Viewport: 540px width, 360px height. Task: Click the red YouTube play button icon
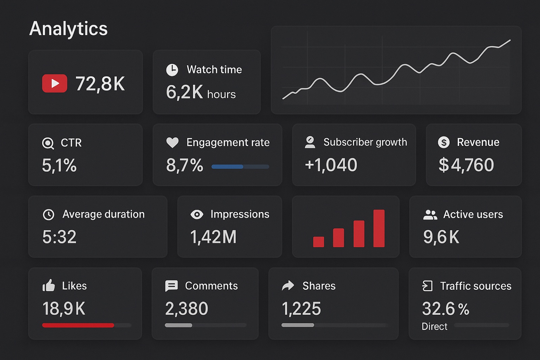(x=54, y=83)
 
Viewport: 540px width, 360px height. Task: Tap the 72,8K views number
(x=100, y=84)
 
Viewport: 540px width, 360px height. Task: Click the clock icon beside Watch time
(x=172, y=70)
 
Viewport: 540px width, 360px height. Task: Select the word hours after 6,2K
(x=221, y=95)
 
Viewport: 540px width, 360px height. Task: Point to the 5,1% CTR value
(x=59, y=165)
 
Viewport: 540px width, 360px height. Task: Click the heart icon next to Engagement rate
(x=172, y=143)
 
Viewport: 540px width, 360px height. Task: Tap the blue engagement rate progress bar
(x=227, y=166)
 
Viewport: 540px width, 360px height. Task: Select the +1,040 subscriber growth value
(x=331, y=165)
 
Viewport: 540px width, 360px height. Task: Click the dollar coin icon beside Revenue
(x=443, y=143)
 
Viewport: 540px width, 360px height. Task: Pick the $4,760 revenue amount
(x=466, y=165)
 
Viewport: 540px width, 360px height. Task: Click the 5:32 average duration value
(x=59, y=237)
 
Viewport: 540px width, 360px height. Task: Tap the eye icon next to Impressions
(x=197, y=214)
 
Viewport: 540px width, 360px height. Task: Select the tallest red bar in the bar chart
(x=379, y=228)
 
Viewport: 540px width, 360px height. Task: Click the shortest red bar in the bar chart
(x=318, y=242)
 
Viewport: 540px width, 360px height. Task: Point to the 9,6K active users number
(x=441, y=237)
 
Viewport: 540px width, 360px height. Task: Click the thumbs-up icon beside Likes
(x=49, y=286)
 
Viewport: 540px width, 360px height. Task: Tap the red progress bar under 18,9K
(x=78, y=325)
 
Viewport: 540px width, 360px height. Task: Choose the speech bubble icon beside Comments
(x=171, y=286)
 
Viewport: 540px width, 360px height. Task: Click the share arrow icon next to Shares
(x=288, y=286)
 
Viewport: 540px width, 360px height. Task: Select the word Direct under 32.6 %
(x=434, y=327)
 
